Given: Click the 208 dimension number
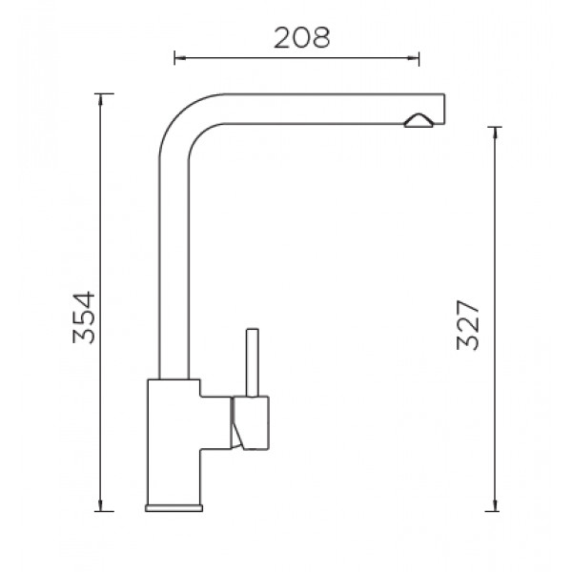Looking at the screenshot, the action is point(301,37).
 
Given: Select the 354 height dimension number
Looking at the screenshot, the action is point(84,317).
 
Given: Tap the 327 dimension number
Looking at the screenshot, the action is point(468,325).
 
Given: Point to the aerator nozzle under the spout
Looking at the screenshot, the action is point(419,121).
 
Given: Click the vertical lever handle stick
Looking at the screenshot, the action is point(253,362).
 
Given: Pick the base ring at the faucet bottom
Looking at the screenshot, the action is point(174,508).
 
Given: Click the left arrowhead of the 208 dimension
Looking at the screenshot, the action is point(180,57).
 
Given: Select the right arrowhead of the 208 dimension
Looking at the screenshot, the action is point(414,57).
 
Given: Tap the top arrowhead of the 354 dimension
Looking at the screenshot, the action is point(101,99).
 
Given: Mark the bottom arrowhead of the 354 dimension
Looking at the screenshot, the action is point(101,505).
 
